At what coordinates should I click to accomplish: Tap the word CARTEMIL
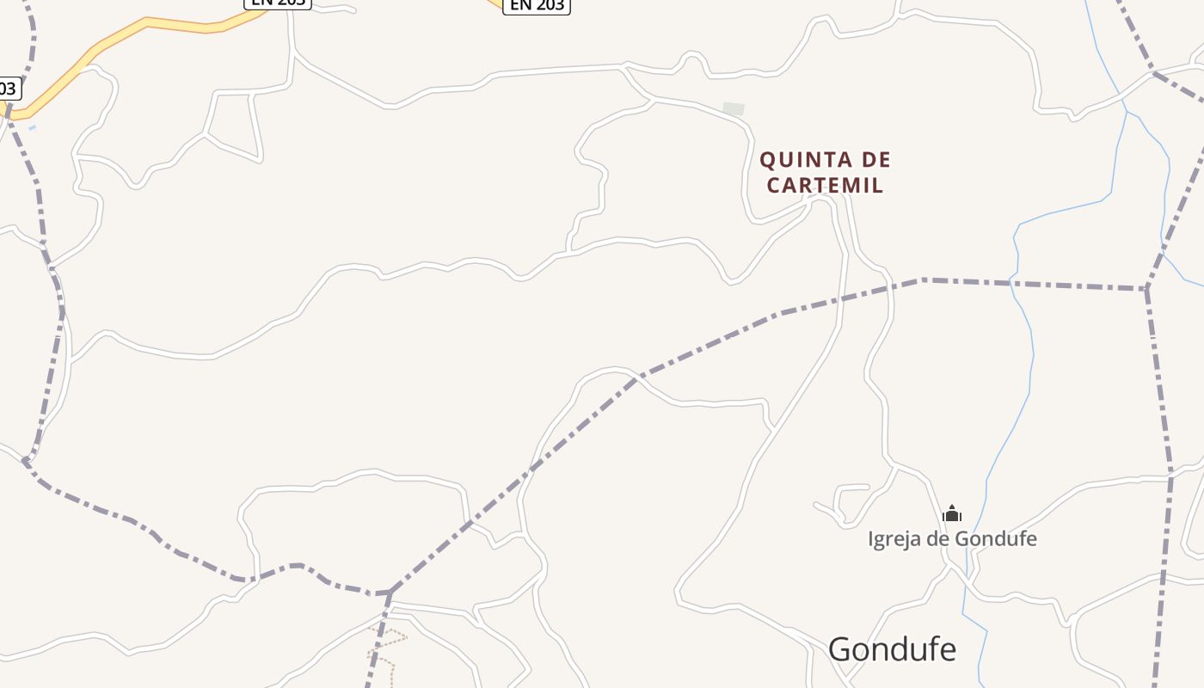coord(825,185)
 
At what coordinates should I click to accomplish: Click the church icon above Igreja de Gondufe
coord(952,514)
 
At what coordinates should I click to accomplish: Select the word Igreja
coord(893,539)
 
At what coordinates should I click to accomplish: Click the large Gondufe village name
coord(892,649)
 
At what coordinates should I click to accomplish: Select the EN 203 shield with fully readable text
coord(537,5)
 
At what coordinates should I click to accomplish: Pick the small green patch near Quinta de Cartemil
coord(734,109)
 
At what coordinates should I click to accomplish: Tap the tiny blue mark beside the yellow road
coord(32,128)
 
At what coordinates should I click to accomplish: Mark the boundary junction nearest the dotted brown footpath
coord(390,593)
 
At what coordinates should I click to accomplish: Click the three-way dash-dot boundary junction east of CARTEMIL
coord(1146,289)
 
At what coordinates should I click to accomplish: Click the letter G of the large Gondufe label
coord(842,650)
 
